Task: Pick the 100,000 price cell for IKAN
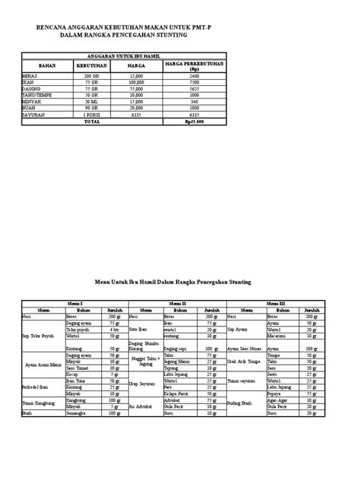[137, 83]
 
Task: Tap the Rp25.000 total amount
[194, 121]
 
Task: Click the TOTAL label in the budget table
[91, 121]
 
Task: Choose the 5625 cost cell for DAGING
[194, 88]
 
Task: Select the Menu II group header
[179, 302]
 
